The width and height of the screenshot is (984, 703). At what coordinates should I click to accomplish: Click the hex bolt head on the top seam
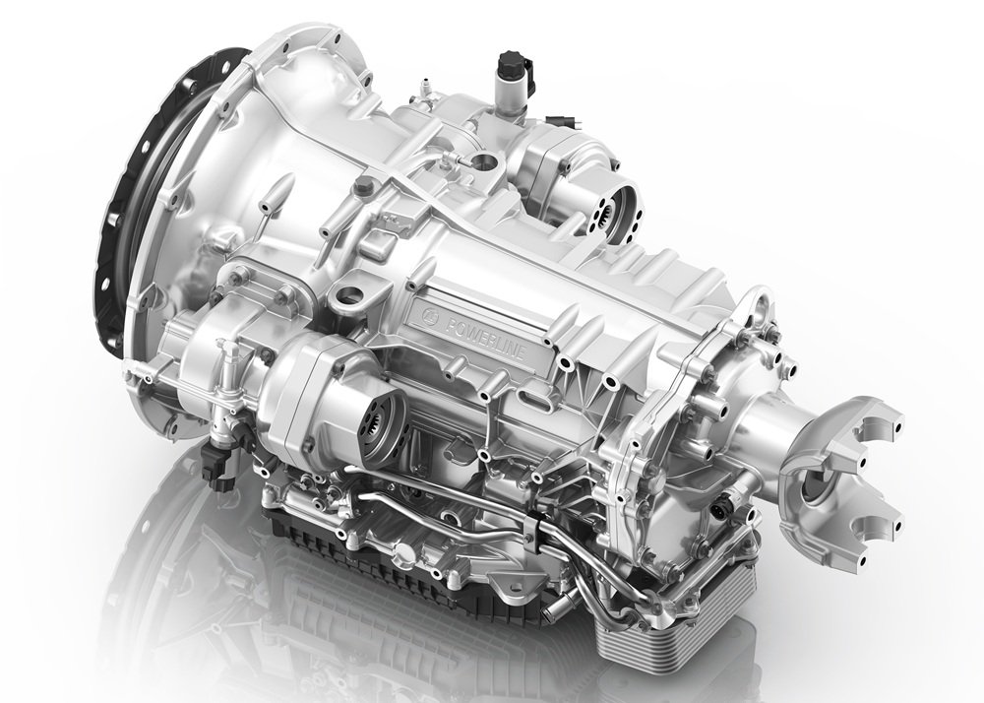(363, 185)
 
